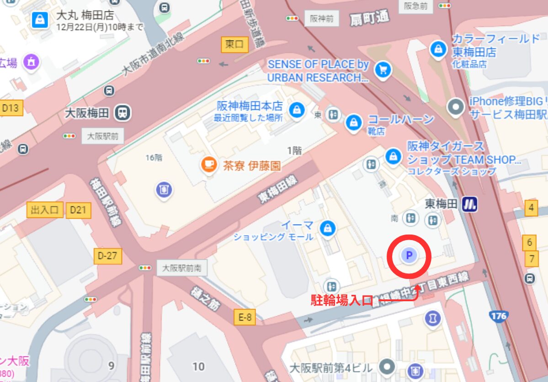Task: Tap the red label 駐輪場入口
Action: pos(342,300)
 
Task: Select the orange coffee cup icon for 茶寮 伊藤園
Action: pos(210,165)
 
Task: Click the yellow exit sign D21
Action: pos(79,210)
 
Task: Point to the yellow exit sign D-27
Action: pos(107,256)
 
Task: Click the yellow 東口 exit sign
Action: pos(234,44)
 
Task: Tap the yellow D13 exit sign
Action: pos(10,108)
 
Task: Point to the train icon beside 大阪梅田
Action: pos(122,112)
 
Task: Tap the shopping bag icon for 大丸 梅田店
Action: pos(41,19)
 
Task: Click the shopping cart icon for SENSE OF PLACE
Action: pos(382,70)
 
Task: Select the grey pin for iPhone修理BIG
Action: pos(456,107)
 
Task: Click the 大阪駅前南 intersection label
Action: pos(182,267)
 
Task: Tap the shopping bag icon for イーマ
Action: pos(327,229)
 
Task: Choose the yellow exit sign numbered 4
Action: pos(531,208)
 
